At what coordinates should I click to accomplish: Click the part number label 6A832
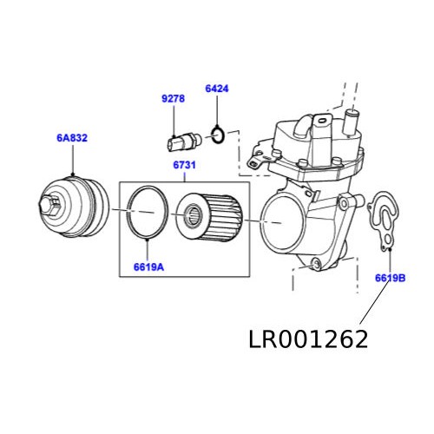coord(72,137)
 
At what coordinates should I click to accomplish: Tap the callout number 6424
coord(217,89)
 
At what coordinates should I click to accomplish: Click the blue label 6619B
coord(391,278)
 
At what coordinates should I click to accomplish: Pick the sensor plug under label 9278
coord(180,139)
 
